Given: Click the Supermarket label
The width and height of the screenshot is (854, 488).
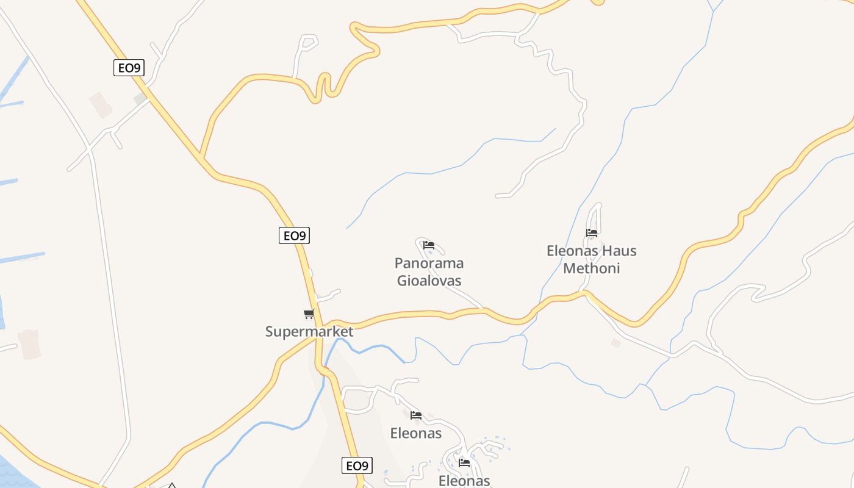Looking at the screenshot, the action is [x=309, y=332].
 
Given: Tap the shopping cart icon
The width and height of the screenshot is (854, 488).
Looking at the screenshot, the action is [x=309, y=314].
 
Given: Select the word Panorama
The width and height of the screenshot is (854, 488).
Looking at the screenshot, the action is [x=429, y=264].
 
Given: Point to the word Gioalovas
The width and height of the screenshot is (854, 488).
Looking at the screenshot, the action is [x=429, y=281].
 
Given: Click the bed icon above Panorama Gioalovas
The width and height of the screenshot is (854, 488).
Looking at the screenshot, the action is [x=429, y=245].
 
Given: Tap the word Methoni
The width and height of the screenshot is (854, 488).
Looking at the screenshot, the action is [x=591, y=268].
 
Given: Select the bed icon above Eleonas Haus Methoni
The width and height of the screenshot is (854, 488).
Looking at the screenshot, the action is [x=591, y=232].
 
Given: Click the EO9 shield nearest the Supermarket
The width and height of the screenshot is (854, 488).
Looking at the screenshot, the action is [x=294, y=235].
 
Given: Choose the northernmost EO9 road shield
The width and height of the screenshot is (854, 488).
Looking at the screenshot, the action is [x=129, y=68].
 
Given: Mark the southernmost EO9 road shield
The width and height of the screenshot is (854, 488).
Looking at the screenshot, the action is [x=357, y=466].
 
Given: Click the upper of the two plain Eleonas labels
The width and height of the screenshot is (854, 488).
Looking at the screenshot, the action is [x=415, y=433].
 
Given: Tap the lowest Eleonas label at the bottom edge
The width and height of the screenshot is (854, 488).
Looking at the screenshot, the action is [x=464, y=481].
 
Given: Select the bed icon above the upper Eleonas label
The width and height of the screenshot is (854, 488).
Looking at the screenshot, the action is [x=416, y=415].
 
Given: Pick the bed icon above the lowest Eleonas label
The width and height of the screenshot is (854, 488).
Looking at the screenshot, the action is [x=464, y=463].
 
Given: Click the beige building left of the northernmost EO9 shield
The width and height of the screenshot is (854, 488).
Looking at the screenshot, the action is [x=101, y=105].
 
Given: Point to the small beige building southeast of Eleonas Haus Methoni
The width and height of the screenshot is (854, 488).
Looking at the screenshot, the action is [x=616, y=343].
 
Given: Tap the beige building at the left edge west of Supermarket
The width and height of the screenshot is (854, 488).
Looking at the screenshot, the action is [x=29, y=344].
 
